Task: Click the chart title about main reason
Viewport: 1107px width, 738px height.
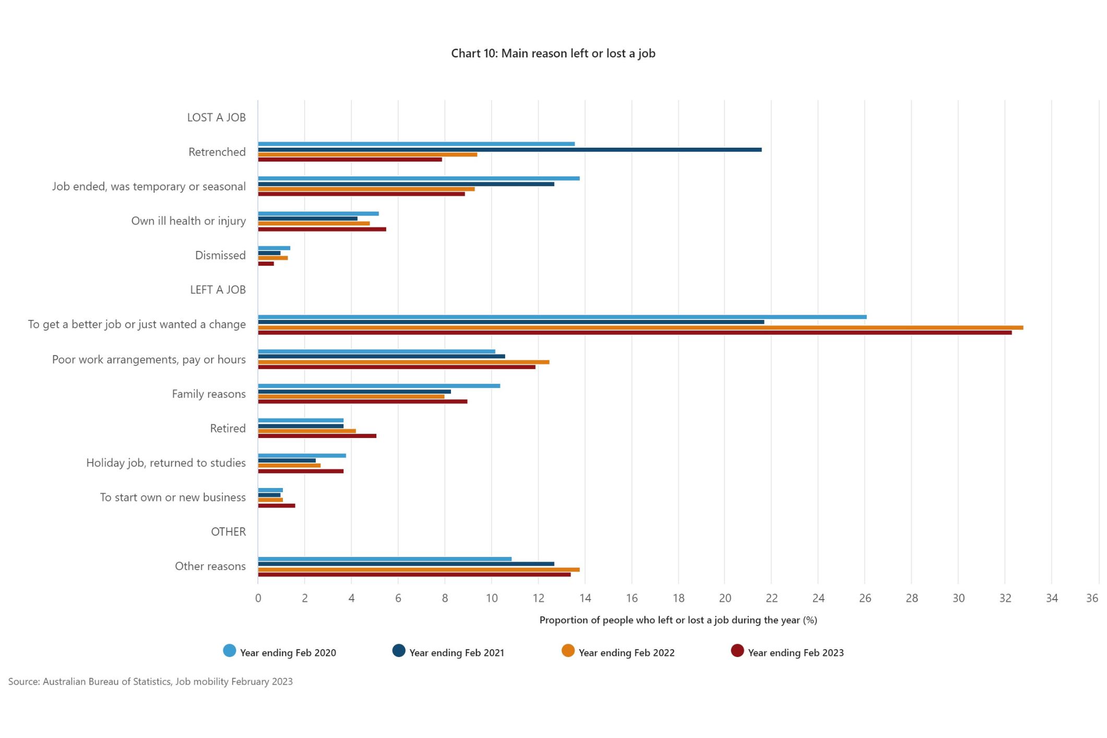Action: pyautogui.click(x=553, y=53)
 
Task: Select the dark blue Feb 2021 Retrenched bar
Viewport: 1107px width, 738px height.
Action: pyautogui.click(x=509, y=150)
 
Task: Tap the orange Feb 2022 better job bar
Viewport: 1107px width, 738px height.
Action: pyautogui.click(x=640, y=328)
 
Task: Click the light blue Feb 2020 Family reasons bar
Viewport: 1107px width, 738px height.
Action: pyautogui.click(x=378, y=386)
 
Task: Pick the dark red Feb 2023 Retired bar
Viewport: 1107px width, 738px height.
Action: pyautogui.click(x=317, y=436)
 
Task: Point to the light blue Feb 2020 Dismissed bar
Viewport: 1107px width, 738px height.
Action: pyautogui.click(x=273, y=248)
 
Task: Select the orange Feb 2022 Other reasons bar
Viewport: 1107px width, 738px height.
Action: pyautogui.click(x=419, y=569)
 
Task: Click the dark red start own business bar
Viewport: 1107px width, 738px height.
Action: pyautogui.click(x=276, y=505)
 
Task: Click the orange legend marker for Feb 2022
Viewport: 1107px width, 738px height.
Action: pyautogui.click(x=568, y=651)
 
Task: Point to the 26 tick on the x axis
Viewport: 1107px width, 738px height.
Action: pyautogui.click(x=865, y=598)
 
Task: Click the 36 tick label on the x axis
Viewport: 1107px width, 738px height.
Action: pyautogui.click(x=1092, y=598)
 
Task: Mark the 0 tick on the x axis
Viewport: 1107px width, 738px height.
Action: pyautogui.click(x=258, y=598)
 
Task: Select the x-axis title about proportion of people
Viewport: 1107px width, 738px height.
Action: pyautogui.click(x=678, y=620)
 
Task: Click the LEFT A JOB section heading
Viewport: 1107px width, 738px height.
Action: pyautogui.click(x=218, y=290)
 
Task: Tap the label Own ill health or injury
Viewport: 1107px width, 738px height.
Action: pyautogui.click(x=188, y=221)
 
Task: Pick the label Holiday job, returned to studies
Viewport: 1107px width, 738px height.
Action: pyautogui.click(x=166, y=463)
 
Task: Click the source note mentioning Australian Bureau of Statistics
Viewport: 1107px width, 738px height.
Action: pyautogui.click(x=150, y=682)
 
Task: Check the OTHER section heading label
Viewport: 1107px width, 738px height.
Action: pyautogui.click(x=228, y=532)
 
